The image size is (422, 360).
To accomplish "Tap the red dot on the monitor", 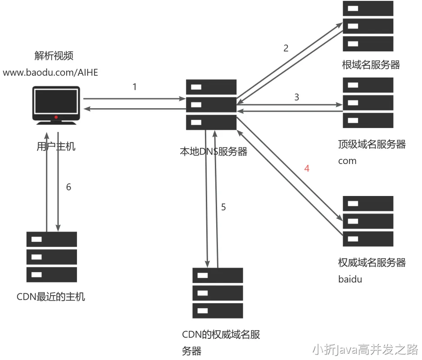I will pos(56,117).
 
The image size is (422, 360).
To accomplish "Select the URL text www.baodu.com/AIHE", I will pos(50,72).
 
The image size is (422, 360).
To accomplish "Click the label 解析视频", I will pos(54,56).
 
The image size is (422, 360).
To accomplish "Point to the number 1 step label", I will pos(134,87).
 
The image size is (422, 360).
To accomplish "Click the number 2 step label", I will pos(286,48).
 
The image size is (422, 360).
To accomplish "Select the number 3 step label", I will pos(296,97).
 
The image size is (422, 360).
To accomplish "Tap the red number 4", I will pos(307,169).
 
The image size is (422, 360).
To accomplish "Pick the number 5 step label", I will pos(223,207).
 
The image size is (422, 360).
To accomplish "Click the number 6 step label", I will pos(68,187).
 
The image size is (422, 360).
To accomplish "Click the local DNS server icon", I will pos(211,104).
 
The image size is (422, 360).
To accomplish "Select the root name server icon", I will pos(368,26).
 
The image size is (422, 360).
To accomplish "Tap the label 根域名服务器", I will pos(371,65).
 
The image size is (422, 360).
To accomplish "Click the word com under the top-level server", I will pos(347,161).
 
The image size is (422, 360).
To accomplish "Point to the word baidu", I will pos(350,279).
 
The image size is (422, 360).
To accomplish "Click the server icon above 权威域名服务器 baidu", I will pos(368,221).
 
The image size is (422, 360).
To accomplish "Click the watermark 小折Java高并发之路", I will pos(365,349).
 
